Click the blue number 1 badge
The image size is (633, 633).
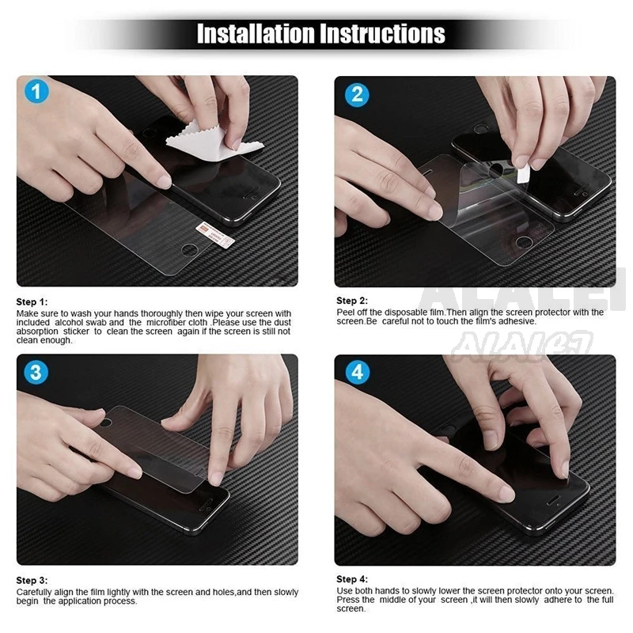(x=36, y=93)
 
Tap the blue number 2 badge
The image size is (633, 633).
(x=357, y=94)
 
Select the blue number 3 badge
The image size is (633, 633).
(x=36, y=372)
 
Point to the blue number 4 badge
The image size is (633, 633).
(x=357, y=372)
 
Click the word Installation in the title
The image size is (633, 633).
(x=255, y=33)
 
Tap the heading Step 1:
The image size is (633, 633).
(x=32, y=301)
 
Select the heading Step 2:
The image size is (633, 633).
(x=352, y=301)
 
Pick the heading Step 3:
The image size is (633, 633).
(x=32, y=580)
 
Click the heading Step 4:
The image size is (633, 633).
(x=352, y=579)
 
